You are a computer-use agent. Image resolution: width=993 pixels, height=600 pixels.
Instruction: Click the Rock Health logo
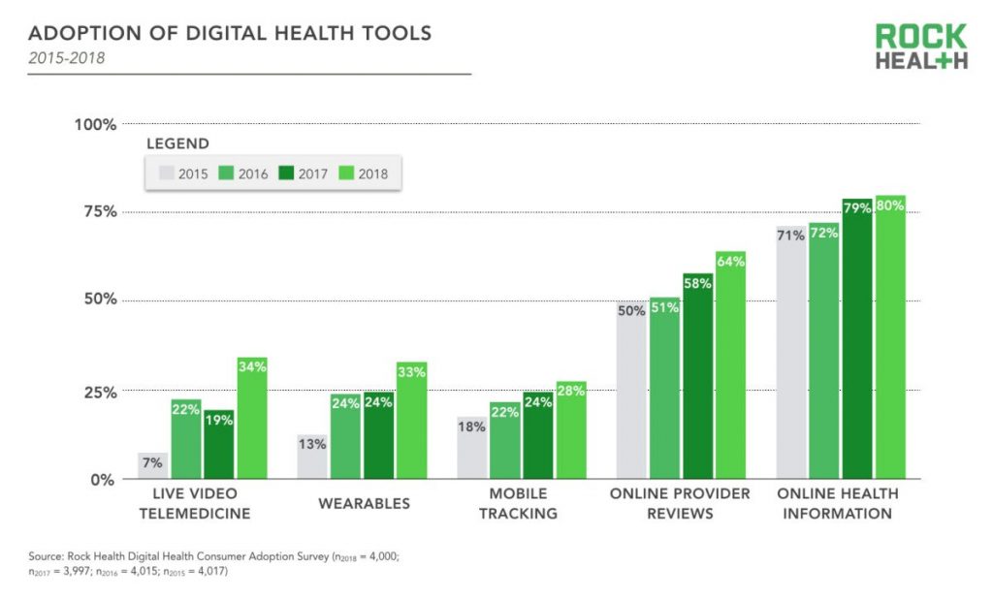tap(920, 47)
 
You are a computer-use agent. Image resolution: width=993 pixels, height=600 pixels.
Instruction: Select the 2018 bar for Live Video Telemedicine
tap(251, 419)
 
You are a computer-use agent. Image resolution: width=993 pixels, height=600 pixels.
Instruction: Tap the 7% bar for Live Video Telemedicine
tap(151, 466)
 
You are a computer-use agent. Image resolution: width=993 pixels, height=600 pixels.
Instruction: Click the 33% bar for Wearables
tap(411, 421)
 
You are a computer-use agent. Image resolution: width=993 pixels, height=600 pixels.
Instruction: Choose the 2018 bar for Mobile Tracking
tap(571, 430)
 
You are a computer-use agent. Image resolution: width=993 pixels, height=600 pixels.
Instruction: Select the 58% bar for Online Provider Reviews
tap(697, 376)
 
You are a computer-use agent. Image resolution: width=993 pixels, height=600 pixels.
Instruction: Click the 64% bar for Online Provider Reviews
tap(730, 365)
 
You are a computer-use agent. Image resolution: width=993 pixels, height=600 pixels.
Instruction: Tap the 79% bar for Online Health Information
tap(857, 339)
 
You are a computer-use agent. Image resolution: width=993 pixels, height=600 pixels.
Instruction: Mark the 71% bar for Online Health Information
tap(791, 353)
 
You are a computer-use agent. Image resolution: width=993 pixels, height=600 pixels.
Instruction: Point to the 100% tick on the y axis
tap(95, 124)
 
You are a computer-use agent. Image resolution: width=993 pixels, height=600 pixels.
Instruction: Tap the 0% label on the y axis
tap(103, 480)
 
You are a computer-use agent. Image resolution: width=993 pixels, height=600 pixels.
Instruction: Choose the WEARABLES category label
tap(364, 503)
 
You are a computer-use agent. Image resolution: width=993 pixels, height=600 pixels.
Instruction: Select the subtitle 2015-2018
tap(66, 58)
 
